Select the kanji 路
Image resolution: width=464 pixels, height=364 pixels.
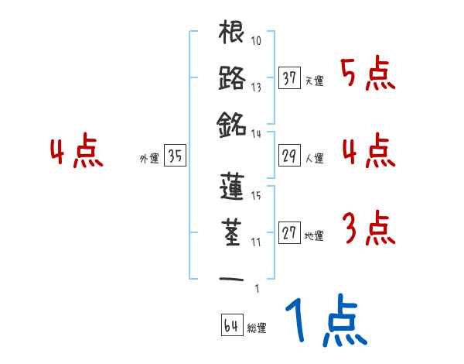tap(233, 79)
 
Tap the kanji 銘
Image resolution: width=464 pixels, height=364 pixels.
tap(233, 123)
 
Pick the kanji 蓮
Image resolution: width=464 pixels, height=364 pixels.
tap(233, 187)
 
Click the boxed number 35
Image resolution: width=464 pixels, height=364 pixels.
tap(175, 156)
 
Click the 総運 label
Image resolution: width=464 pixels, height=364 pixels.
tap(257, 328)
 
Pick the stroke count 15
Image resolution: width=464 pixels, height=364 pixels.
tap(256, 197)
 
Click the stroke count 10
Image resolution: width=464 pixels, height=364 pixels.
tap(257, 41)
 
